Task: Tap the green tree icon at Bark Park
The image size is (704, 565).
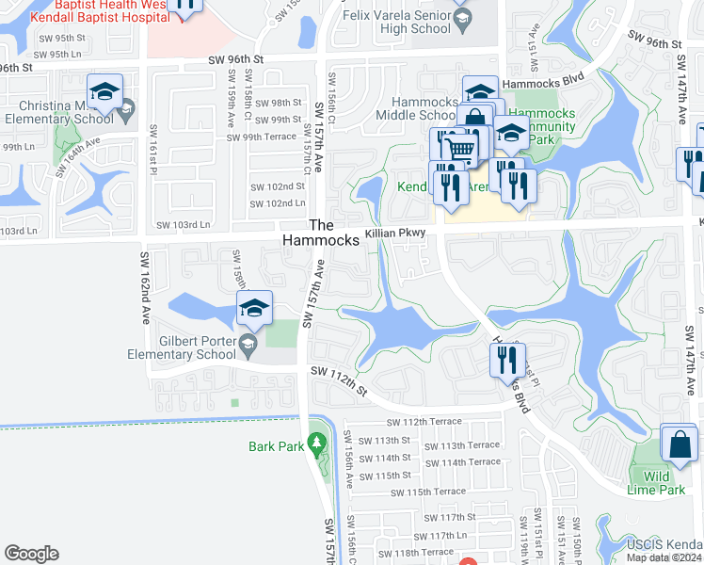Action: [x=316, y=441]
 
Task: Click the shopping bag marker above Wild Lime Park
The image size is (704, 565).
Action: [x=679, y=444]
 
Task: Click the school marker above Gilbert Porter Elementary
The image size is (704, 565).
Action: [x=254, y=309]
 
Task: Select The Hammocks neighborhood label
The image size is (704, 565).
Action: [x=322, y=233]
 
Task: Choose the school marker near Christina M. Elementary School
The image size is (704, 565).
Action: [x=105, y=92]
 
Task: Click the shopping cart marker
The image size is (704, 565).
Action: [x=459, y=149]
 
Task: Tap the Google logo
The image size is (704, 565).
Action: [x=31, y=554]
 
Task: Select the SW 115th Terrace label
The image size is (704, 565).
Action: [x=428, y=492]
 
